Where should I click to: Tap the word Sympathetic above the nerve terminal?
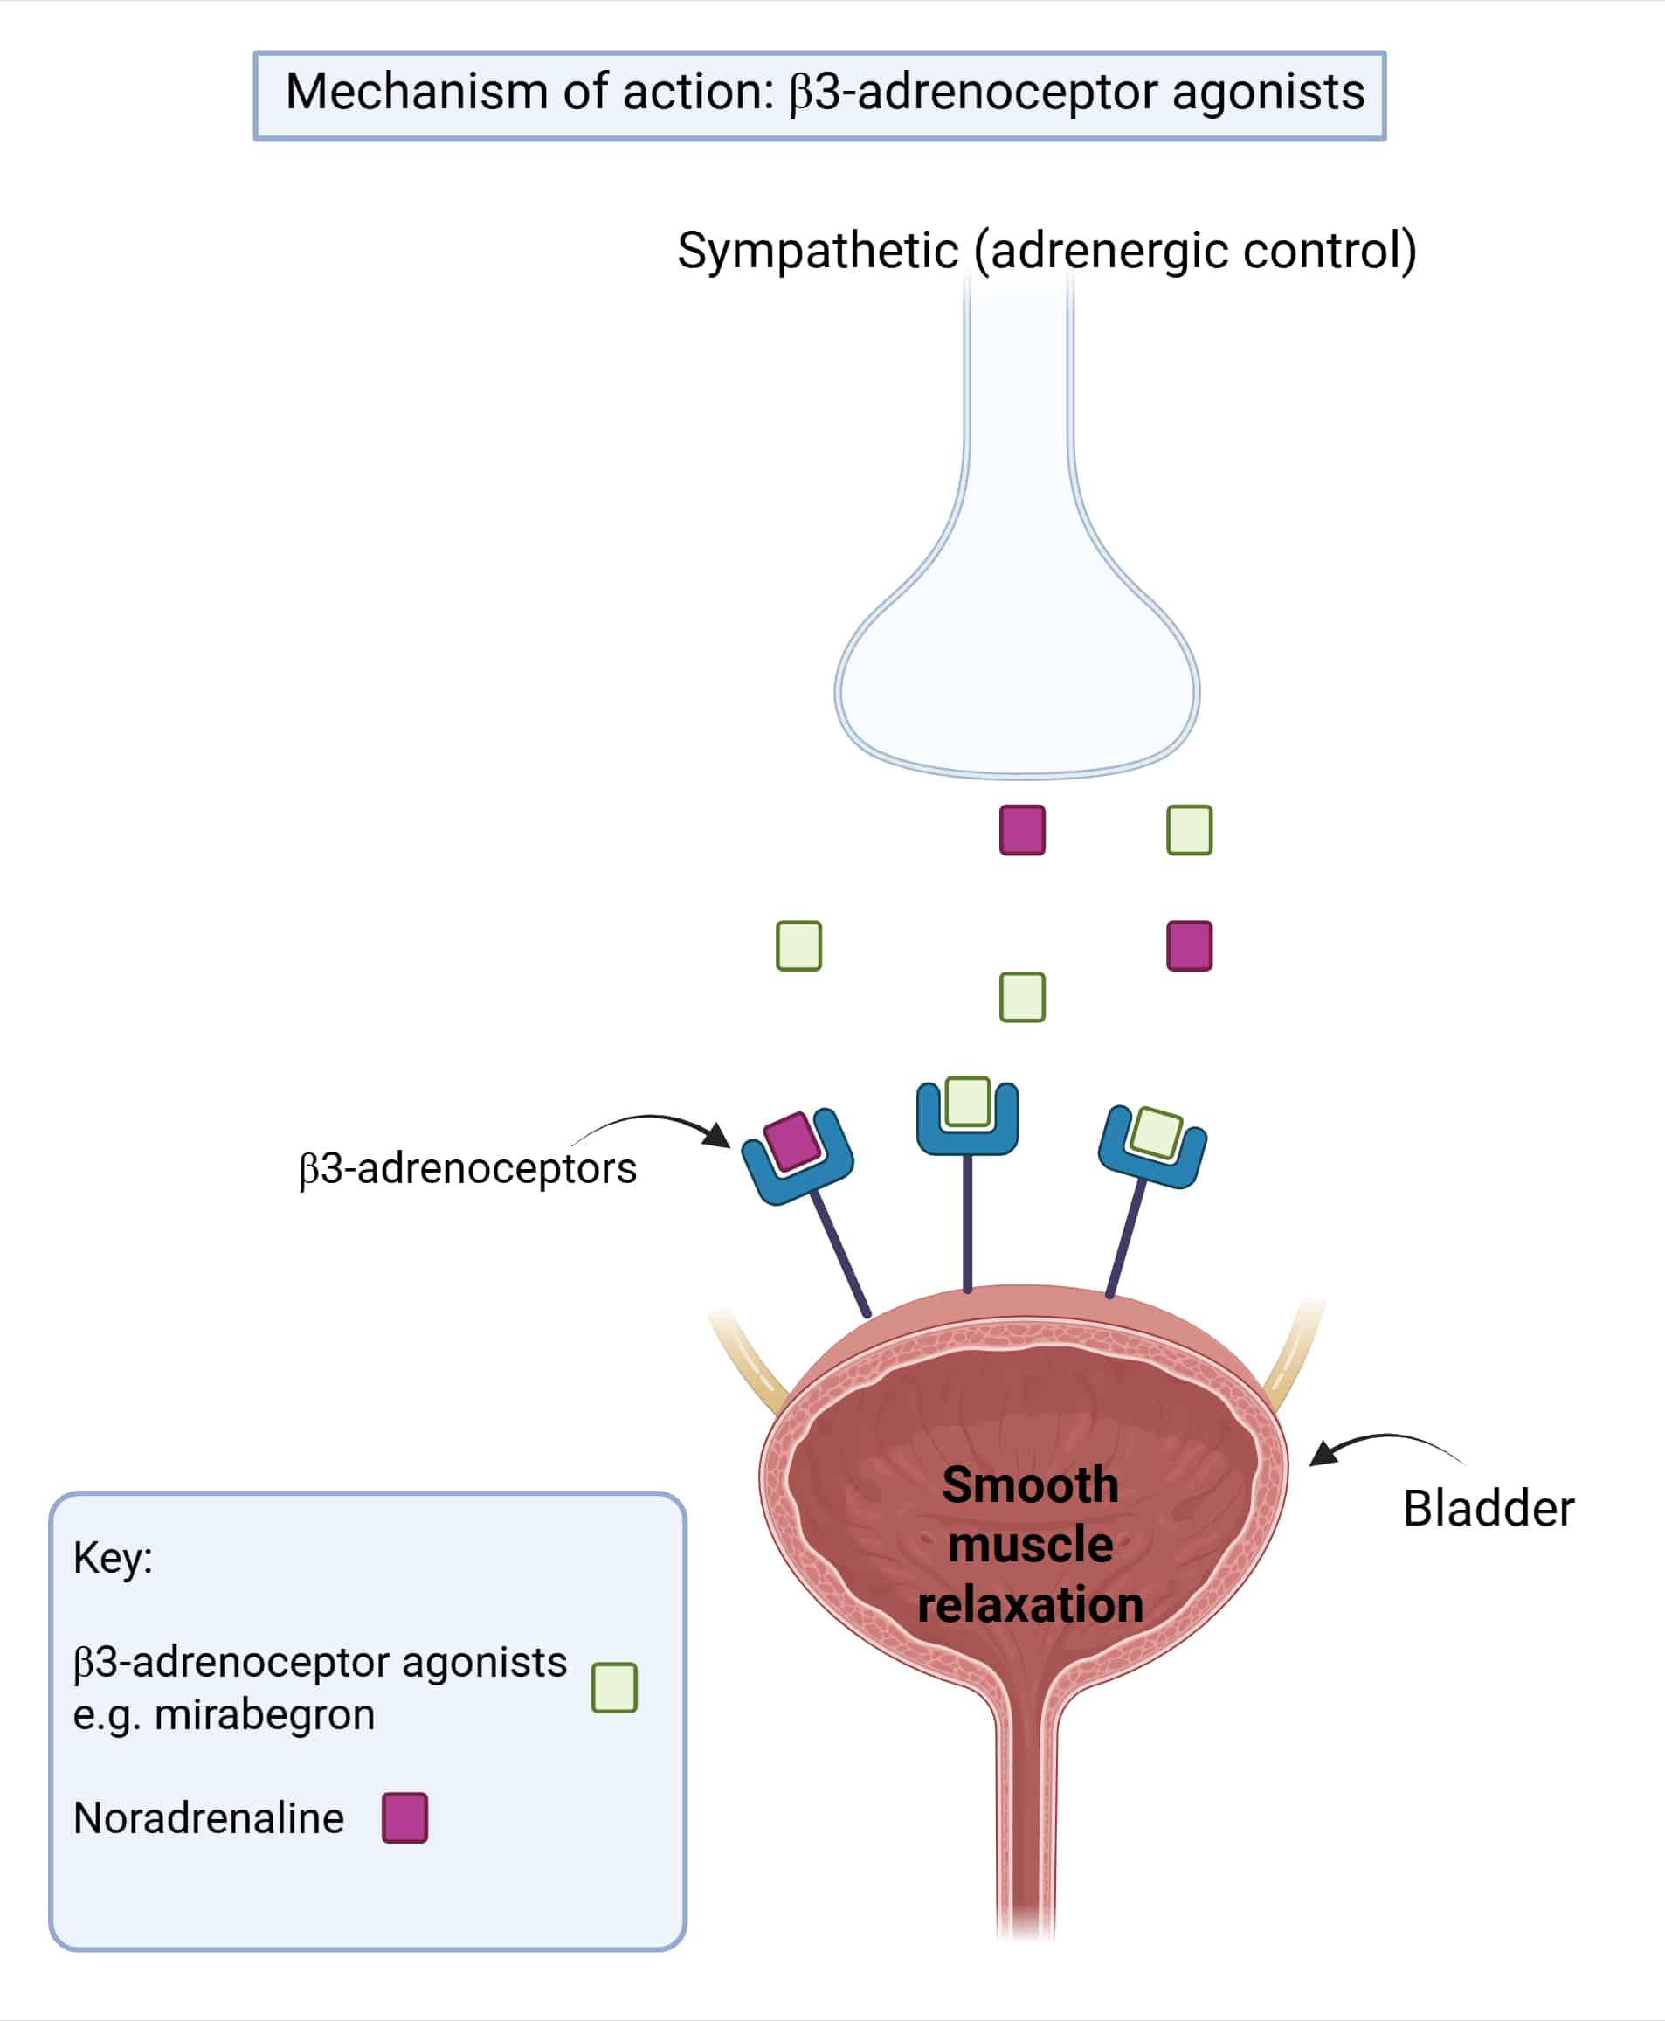pos(817,252)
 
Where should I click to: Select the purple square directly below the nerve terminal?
pos(1022,830)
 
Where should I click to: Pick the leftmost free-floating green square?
pos(799,945)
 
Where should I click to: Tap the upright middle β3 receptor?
pos(968,1118)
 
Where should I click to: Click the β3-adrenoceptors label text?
pos(467,1168)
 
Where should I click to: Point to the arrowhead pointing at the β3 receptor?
pos(717,1136)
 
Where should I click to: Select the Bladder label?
pos(1488,1509)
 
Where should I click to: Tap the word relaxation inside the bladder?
pos(1030,1605)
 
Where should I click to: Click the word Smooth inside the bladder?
pos(1030,1485)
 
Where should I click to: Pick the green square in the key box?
pos(615,1687)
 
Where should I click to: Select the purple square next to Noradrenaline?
pos(404,1817)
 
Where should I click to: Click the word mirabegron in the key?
pos(264,1714)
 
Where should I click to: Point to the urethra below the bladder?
pos(1026,1823)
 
